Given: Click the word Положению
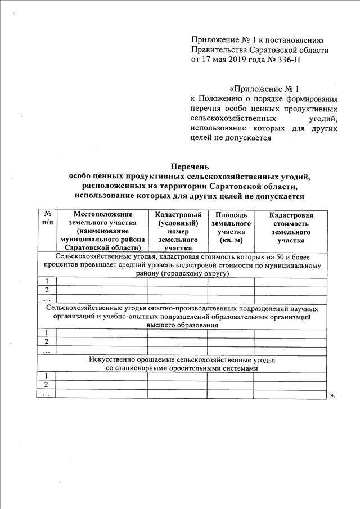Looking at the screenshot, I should [x=224, y=98].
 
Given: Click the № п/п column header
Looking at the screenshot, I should [x=47, y=219].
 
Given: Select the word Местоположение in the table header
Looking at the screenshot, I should [x=102, y=214].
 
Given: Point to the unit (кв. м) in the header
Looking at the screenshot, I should [x=230, y=240].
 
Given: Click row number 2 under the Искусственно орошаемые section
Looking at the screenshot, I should [x=46, y=385].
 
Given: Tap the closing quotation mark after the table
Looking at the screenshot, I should [x=332, y=395].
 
